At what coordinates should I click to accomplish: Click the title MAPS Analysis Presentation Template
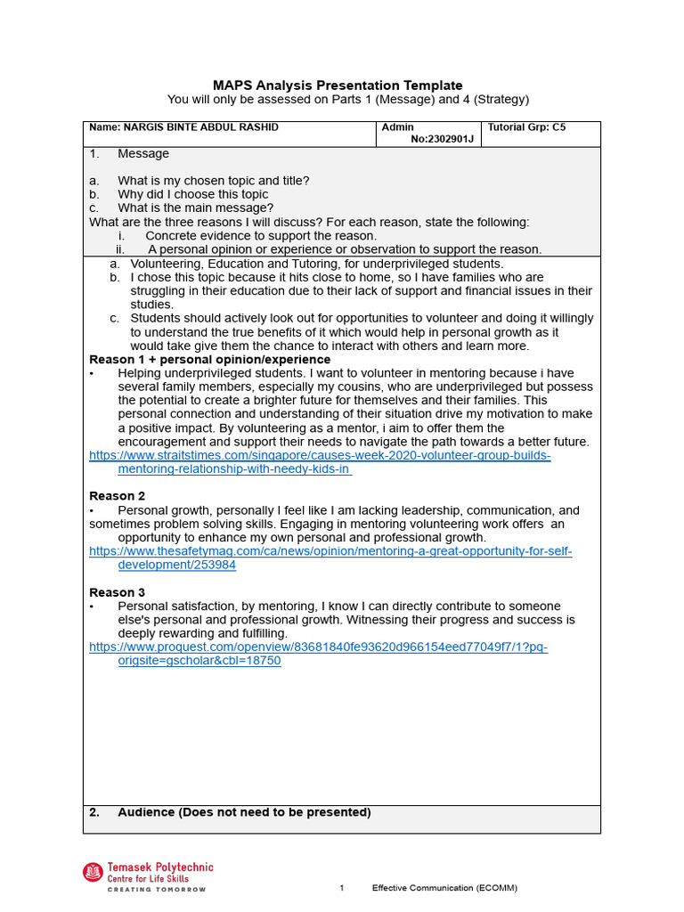(338, 85)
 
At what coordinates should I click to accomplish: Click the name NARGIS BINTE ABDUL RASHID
(183, 127)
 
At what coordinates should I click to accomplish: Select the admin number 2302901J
(443, 140)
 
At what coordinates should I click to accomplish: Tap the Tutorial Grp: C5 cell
(526, 127)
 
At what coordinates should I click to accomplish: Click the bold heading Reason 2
(117, 496)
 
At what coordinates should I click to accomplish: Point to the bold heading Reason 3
(117, 592)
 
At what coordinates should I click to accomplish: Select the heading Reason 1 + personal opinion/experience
(209, 360)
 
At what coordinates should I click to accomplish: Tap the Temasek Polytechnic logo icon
(93, 873)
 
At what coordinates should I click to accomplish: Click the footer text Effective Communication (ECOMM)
(444, 888)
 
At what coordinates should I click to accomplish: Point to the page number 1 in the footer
(341, 888)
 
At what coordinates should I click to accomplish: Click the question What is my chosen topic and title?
(213, 181)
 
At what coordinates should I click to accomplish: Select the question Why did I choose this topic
(192, 194)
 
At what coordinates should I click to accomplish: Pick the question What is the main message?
(195, 208)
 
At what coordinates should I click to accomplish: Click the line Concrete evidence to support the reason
(260, 236)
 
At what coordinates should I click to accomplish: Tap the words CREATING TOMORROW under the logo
(157, 889)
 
